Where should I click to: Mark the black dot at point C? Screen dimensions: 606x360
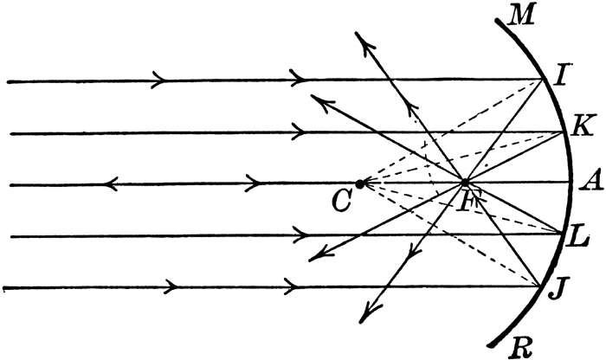click(360, 183)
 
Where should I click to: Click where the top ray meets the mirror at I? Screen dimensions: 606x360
click(540, 80)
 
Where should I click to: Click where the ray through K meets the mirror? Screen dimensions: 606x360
click(563, 132)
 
